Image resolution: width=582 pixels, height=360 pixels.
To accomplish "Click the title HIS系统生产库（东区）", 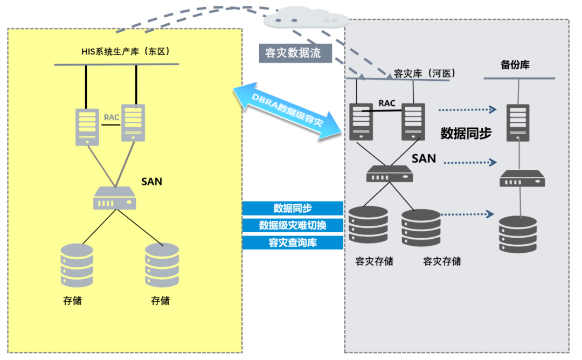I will (x=125, y=52).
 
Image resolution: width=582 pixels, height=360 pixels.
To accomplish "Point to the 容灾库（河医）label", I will (x=425, y=73).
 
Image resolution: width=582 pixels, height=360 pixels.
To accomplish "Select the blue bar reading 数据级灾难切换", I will (x=293, y=225).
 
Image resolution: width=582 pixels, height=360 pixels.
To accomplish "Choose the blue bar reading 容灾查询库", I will (x=293, y=242).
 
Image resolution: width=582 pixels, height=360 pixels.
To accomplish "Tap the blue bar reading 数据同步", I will (x=293, y=208).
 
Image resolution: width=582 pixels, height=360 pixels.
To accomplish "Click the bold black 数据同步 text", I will (x=466, y=133).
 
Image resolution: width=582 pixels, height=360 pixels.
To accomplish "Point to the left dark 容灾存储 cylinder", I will (x=369, y=225).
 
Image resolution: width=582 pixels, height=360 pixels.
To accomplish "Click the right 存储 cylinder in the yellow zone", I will (x=162, y=265).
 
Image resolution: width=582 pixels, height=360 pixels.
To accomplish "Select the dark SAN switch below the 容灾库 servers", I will (x=389, y=174).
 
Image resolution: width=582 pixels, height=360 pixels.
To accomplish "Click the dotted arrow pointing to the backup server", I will (x=467, y=110).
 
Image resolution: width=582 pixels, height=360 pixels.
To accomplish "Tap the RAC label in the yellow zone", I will (x=111, y=116).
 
